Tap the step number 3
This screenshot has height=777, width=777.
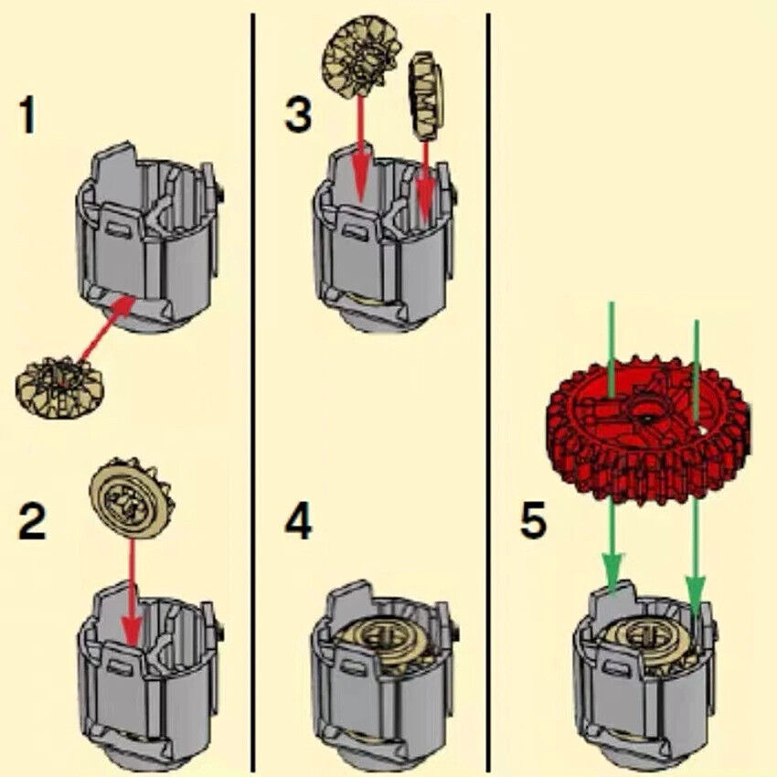(297, 115)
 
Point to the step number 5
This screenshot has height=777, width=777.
(533, 521)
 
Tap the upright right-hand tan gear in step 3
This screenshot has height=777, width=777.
(423, 94)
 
